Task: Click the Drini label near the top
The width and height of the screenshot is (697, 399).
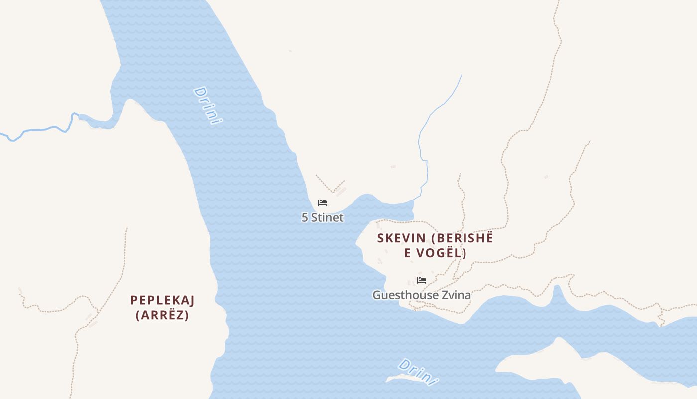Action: coord(207,106)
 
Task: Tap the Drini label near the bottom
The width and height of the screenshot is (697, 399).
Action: coord(418,372)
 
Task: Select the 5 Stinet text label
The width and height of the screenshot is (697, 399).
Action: coord(322,218)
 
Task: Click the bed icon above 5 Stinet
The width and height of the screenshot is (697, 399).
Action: coord(323,203)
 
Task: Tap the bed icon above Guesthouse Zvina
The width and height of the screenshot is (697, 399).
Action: coord(422,280)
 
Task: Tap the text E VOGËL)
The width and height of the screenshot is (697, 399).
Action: coord(435,253)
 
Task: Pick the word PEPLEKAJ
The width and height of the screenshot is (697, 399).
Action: coord(162,300)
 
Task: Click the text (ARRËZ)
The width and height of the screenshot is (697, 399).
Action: coord(162,315)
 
